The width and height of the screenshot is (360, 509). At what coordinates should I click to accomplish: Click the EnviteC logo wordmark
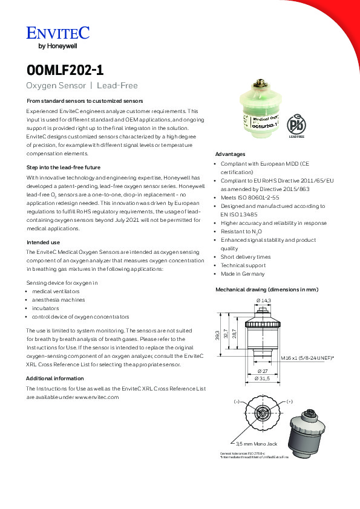(58, 33)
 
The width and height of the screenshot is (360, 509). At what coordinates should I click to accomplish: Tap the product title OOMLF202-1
(65, 70)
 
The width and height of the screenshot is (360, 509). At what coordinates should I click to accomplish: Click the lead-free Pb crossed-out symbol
(296, 124)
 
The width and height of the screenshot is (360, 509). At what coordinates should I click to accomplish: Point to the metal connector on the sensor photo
(260, 84)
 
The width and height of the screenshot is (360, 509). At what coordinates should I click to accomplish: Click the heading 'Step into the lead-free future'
(64, 167)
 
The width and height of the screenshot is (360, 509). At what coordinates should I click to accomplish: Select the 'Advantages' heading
(230, 154)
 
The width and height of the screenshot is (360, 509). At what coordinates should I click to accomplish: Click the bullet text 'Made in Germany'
(243, 274)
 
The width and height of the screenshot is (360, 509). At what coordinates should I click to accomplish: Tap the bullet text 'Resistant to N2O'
(241, 232)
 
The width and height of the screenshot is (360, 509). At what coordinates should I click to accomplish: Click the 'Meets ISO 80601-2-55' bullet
(250, 198)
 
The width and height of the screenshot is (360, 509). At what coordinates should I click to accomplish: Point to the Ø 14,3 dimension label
(264, 300)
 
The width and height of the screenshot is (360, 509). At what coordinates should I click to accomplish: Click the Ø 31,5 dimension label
(262, 378)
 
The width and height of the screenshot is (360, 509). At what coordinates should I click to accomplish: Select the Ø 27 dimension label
(263, 371)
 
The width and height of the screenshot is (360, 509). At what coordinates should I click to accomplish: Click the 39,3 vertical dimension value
(217, 335)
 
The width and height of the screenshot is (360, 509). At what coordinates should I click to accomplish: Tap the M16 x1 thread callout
(307, 358)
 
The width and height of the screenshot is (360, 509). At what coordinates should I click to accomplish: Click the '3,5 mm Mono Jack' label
(257, 444)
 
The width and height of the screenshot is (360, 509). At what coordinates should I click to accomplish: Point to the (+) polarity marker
(289, 401)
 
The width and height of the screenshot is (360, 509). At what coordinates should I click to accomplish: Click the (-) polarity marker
(237, 401)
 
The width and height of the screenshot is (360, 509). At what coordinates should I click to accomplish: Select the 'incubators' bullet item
(45, 308)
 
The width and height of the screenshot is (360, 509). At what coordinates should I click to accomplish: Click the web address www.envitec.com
(97, 397)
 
